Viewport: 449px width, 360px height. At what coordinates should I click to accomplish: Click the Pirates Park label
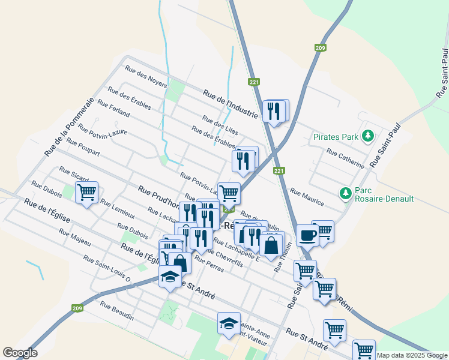tap(336, 137)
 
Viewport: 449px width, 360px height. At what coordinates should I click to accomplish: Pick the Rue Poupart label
tap(83, 147)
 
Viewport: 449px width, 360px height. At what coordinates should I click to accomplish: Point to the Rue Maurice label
tap(307, 196)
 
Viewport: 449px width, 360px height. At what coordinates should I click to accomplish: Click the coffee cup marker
tap(307, 235)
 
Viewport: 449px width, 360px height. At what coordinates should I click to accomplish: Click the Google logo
tap(20, 353)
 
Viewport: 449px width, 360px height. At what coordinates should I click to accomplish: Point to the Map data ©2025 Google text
tap(412, 355)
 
